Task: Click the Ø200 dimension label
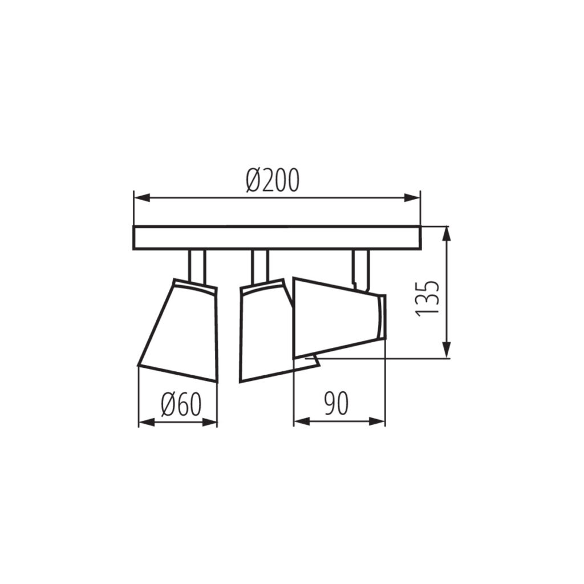273,180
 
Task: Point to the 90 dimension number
336,403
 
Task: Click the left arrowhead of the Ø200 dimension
142,198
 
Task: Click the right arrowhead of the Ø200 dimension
412,198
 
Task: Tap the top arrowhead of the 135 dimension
447,235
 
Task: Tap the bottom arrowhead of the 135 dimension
447,350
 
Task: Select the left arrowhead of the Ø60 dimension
147,422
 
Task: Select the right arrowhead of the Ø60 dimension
209,422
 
